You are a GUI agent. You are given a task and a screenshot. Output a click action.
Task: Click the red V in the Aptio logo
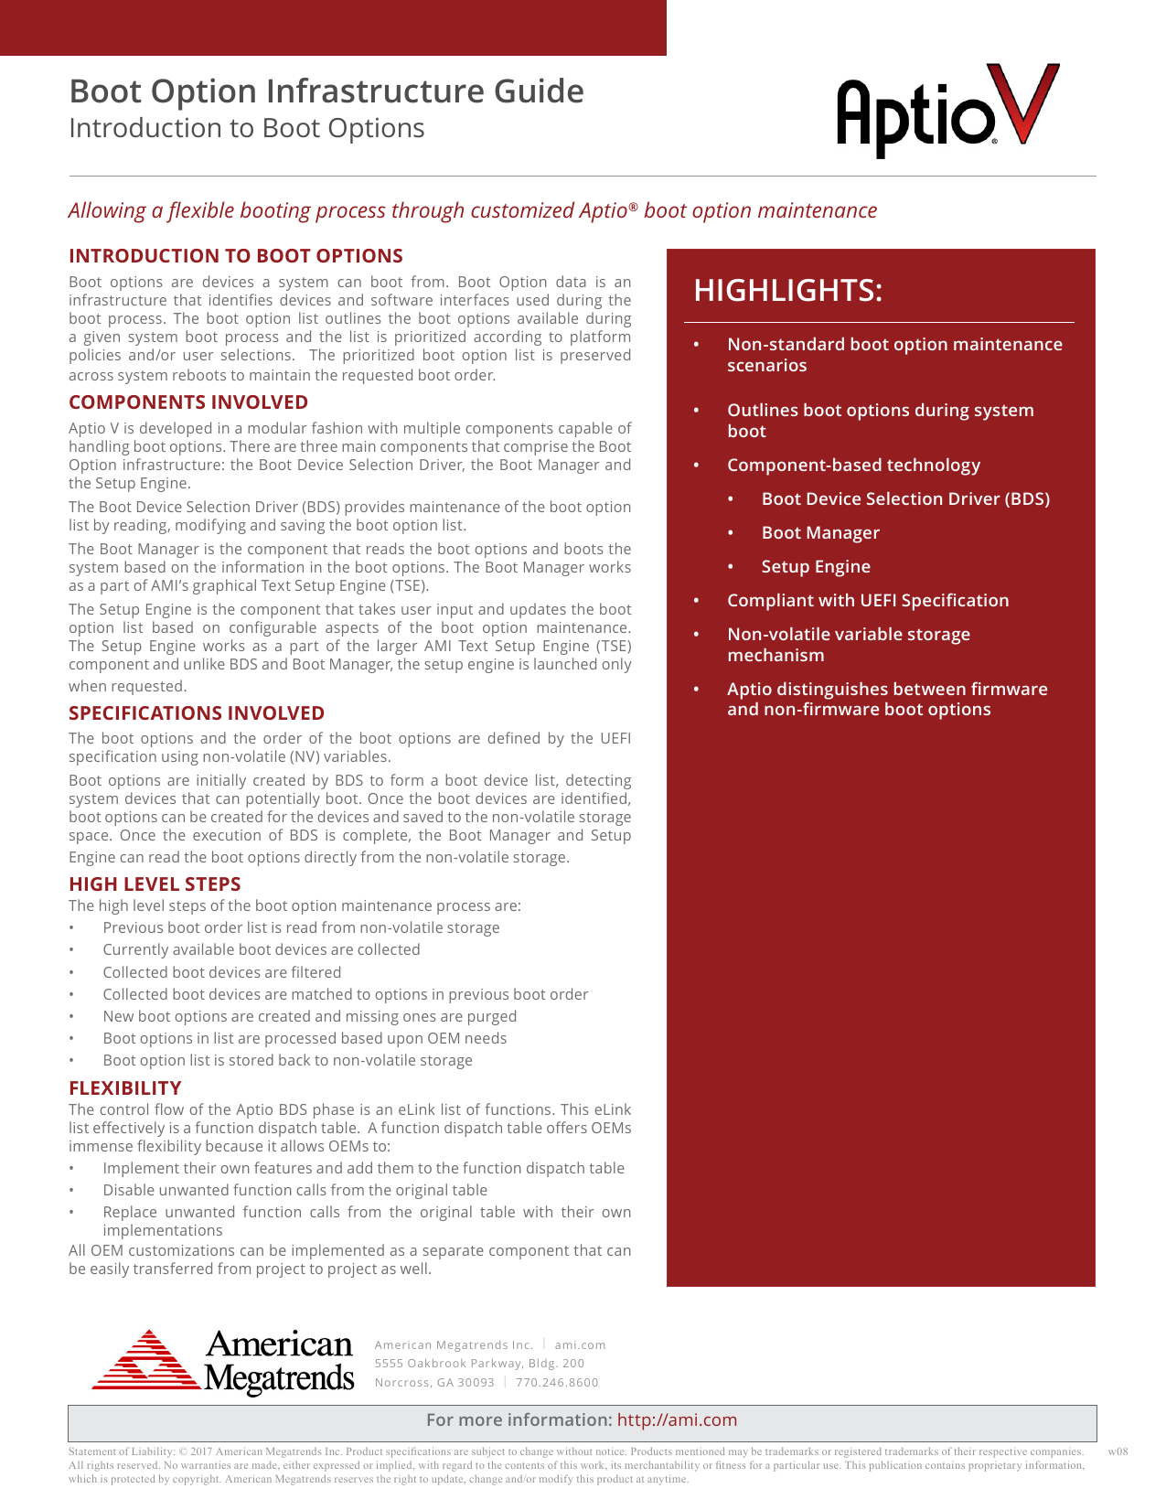1026,102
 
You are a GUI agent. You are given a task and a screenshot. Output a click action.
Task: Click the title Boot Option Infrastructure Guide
326,91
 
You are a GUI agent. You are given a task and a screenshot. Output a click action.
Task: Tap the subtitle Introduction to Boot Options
247,128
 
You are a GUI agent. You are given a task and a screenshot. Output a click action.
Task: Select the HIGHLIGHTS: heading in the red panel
787,290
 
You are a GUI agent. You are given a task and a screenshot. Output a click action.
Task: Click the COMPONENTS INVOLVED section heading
188,402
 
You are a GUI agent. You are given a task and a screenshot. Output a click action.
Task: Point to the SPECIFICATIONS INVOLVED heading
197,713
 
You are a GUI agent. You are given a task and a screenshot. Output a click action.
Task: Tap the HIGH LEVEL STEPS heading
155,884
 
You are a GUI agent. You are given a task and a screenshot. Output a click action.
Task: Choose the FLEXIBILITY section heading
125,1088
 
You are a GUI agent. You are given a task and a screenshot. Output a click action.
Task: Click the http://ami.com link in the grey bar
677,1420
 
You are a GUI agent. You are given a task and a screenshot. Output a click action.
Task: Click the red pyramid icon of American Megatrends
146,1361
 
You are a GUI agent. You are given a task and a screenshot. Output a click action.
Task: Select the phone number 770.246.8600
557,1383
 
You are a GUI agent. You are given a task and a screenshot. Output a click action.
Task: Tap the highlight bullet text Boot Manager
820,533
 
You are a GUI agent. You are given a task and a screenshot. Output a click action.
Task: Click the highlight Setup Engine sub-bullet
816,567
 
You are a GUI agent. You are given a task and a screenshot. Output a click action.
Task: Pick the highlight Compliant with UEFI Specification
868,601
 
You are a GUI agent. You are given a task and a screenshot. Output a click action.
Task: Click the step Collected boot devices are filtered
222,972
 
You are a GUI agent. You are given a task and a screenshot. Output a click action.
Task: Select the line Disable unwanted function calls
294,1190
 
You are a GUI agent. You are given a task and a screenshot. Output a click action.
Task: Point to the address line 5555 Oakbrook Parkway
479,1364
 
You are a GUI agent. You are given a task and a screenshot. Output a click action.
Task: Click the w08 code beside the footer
1118,1451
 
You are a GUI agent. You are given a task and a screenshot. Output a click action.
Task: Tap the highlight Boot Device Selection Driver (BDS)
905,499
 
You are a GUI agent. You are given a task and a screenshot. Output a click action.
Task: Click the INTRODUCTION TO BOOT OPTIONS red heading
236,256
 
